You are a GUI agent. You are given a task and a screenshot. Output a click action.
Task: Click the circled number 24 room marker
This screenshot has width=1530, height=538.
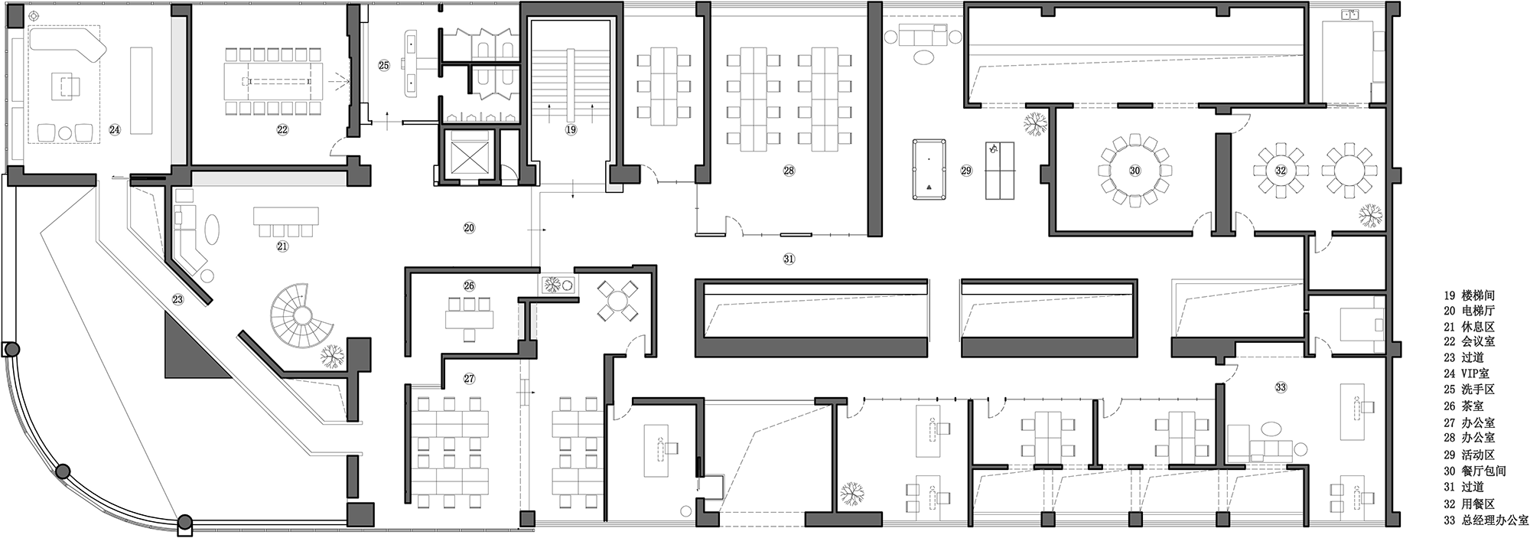point(114,130)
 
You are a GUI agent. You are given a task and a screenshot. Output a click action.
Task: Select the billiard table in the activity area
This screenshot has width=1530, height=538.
point(928,169)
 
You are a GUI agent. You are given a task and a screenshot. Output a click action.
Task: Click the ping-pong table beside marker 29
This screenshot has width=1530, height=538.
point(998,170)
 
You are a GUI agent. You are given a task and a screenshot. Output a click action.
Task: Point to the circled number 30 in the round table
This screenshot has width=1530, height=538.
point(1134,171)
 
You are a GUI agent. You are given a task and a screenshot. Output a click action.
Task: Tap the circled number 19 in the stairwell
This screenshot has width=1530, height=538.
point(571,130)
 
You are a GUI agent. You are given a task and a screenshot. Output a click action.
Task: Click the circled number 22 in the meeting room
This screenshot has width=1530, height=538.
point(282,130)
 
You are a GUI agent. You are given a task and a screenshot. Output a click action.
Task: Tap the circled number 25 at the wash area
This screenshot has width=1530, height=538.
point(384,66)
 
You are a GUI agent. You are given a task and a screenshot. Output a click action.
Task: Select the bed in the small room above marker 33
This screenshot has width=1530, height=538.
point(1362,324)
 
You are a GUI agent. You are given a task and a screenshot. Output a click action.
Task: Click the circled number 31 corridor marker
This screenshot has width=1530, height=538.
point(789,259)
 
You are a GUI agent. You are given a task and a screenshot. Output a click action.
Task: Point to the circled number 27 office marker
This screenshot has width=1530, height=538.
point(469,378)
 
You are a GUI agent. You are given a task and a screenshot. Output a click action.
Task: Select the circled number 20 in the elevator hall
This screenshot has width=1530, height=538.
point(469,227)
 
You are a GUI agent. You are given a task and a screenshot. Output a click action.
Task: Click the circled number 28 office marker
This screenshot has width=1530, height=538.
point(789,171)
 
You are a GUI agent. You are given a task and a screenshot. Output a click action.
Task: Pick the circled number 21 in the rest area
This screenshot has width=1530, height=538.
point(282,246)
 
